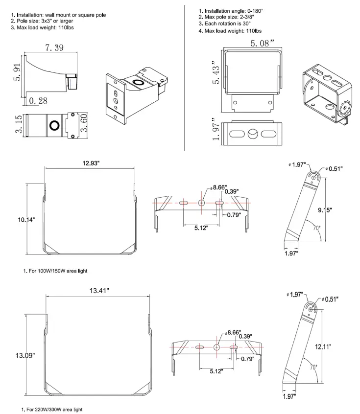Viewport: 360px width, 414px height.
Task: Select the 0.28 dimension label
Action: click(x=38, y=101)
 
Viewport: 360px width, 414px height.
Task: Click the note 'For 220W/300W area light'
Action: click(x=49, y=408)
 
